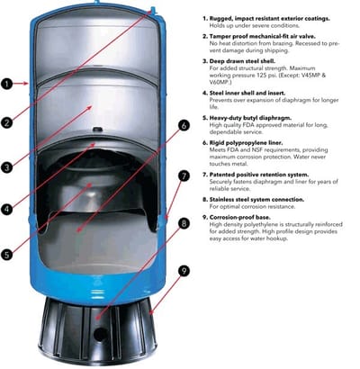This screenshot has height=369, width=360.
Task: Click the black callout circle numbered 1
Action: point(8,84)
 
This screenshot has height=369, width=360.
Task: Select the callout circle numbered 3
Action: point(8,166)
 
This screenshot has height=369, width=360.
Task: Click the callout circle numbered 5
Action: point(8,255)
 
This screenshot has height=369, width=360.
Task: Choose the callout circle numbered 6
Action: point(184,126)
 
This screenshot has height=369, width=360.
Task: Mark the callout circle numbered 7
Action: point(184,176)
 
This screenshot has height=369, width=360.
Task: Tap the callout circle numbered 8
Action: point(184,222)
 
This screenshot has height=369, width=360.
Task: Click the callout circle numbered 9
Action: point(184,269)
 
